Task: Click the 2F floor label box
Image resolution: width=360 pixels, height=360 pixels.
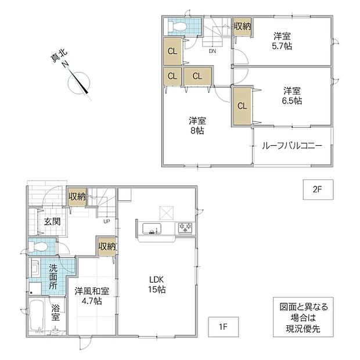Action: (x=318, y=190)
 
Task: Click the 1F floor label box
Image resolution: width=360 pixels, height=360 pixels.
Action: (x=223, y=327)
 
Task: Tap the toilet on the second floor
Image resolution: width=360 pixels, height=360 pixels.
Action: (x=177, y=26)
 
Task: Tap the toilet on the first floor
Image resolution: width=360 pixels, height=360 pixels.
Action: (x=38, y=247)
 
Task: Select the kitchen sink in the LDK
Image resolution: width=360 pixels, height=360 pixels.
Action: (x=152, y=229)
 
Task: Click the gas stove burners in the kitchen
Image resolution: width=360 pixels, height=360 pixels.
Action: (x=185, y=228)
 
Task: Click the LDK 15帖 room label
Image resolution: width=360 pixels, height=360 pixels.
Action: (x=157, y=285)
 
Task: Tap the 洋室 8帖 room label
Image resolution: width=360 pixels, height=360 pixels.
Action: (x=197, y=125)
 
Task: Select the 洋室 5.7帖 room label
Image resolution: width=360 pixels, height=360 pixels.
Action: (x=282, y=41)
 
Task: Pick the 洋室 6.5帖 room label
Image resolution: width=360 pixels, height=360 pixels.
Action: (x=292, y=96)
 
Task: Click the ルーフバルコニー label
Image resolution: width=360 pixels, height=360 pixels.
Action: (x=292, y=146)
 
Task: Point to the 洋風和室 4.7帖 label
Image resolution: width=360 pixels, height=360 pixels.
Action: (x=92, y=296)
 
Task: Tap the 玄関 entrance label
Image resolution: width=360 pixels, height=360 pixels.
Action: (x=52, y=222)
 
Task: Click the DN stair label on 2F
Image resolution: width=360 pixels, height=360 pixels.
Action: (x=213, y=51)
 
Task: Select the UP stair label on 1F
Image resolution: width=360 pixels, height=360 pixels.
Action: (x=107, y=222)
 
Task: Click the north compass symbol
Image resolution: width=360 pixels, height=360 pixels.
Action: (x=78, y=82)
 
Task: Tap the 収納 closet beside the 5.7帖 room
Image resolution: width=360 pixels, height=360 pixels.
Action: (x=243, y=27)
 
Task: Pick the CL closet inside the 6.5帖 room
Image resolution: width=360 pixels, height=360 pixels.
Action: (x=242, y=106)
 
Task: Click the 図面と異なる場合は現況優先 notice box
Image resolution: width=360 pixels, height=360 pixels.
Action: (x=303, y=317)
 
